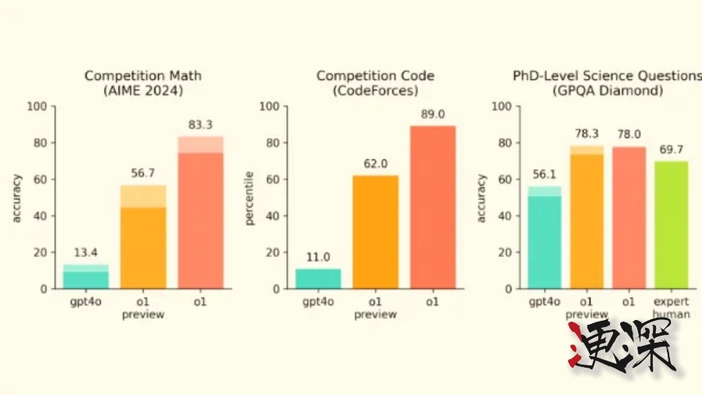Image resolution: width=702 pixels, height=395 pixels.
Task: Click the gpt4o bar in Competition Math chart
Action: point(86,277)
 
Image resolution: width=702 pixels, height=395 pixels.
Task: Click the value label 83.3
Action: point(200,124)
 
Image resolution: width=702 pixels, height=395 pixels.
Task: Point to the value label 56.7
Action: point(143,174)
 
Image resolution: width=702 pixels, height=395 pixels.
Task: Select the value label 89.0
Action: point(432,114)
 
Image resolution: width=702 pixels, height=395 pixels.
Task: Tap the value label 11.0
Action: point(318,257)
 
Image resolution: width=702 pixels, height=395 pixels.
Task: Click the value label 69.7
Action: point(671,148)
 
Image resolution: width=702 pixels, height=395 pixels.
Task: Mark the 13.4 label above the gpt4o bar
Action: point(86,252)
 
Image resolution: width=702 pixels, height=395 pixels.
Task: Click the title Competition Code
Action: point(375,76)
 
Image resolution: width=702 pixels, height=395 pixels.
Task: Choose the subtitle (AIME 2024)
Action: point(143,91)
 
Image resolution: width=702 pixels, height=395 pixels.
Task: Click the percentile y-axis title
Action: point(250,198)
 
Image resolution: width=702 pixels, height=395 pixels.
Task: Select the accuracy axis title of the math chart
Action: point(17,198)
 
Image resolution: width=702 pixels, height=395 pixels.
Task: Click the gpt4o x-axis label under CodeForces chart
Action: point(318,301)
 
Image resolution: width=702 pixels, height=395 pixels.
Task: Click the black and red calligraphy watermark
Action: point(619,346)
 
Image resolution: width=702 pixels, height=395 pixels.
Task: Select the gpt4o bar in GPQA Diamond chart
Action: point(544,238)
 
